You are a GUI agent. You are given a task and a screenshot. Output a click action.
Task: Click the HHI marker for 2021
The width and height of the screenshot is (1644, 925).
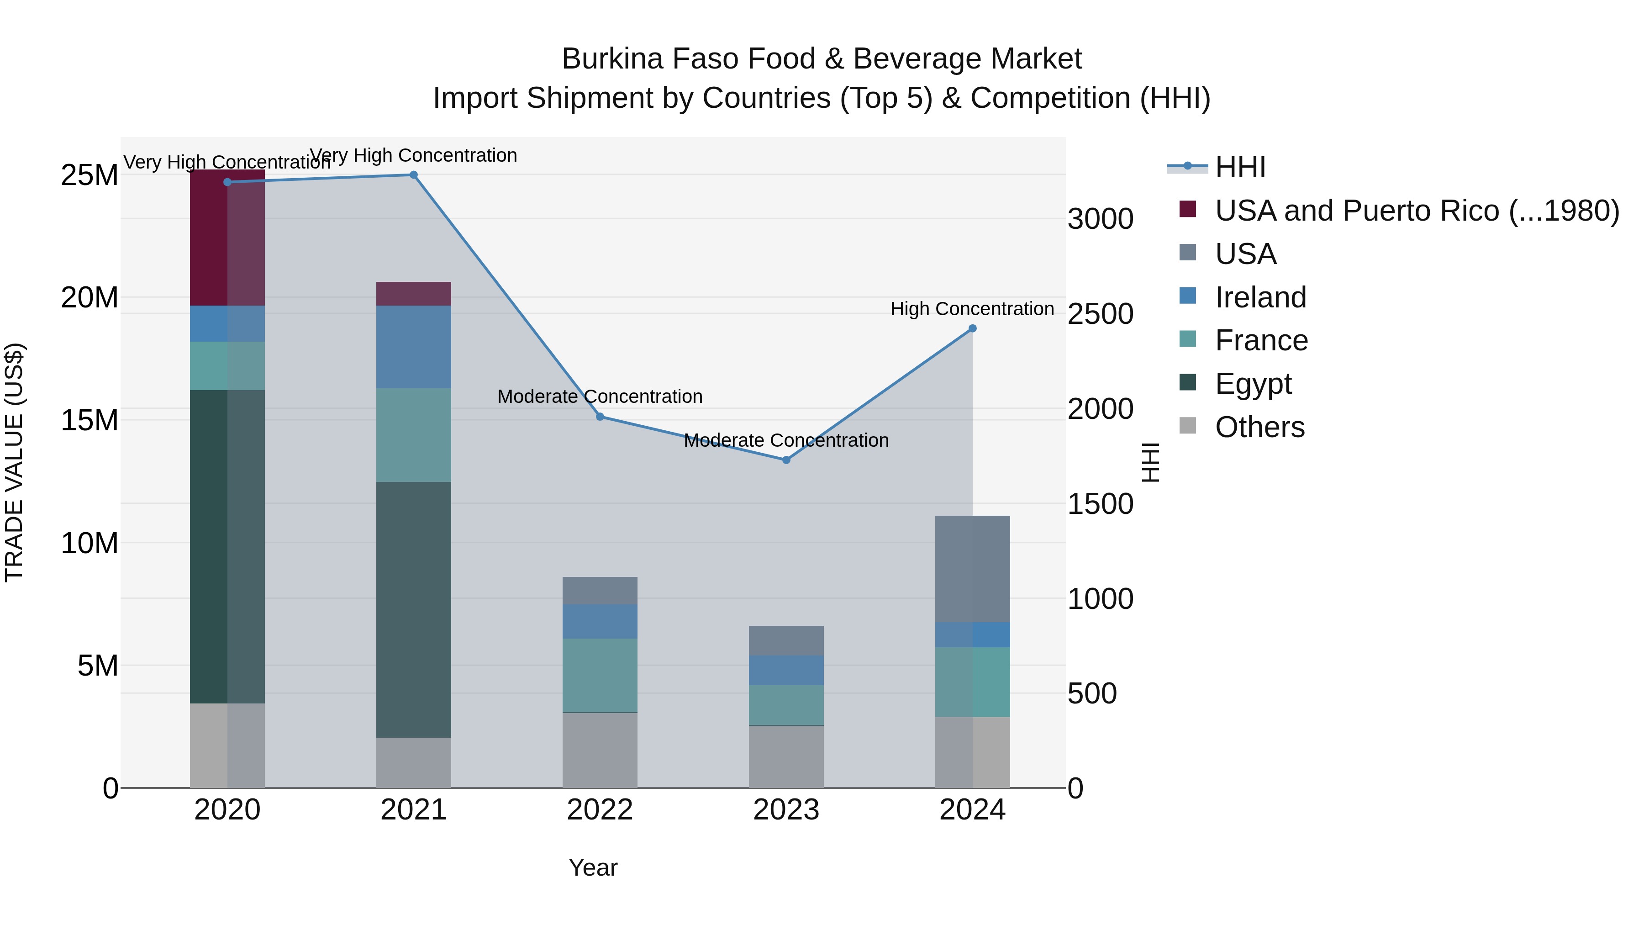pos(414,175)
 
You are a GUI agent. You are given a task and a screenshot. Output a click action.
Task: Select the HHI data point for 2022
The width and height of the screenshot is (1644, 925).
pos(600,417)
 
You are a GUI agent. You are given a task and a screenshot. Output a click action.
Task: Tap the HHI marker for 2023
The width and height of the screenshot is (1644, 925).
pos(786,460)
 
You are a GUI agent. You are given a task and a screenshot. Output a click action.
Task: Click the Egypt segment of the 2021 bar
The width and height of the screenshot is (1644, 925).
pos(414,610)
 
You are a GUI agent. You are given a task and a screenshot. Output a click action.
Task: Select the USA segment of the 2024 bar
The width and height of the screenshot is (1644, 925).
pos(973,569)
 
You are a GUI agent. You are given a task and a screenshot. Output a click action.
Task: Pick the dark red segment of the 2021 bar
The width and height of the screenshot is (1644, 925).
pos(414,294)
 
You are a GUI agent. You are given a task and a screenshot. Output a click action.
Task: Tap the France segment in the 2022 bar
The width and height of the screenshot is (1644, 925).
pos(600,676)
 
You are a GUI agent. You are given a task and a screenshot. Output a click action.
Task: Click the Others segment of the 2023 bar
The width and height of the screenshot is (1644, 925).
pos(786,757)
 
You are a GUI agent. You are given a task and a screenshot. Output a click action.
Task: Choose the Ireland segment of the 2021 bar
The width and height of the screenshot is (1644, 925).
pos(414,347)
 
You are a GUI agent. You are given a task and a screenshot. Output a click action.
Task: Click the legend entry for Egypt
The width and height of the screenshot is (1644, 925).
pos(1253,384)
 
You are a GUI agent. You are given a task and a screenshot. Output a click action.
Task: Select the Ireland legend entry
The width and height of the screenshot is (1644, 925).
pos(1260,297)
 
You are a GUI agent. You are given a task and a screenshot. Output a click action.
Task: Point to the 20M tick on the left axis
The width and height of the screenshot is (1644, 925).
pos(90,297)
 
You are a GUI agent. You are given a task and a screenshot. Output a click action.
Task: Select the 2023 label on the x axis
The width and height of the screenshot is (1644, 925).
pos(786,810)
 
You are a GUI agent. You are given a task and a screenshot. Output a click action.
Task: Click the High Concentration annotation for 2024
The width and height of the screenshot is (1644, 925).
pos(972,309)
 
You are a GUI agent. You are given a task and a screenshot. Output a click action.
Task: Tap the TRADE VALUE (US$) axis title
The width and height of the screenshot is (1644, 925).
pos(15,462)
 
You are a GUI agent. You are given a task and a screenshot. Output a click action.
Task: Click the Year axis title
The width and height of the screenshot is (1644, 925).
pos(593,867)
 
